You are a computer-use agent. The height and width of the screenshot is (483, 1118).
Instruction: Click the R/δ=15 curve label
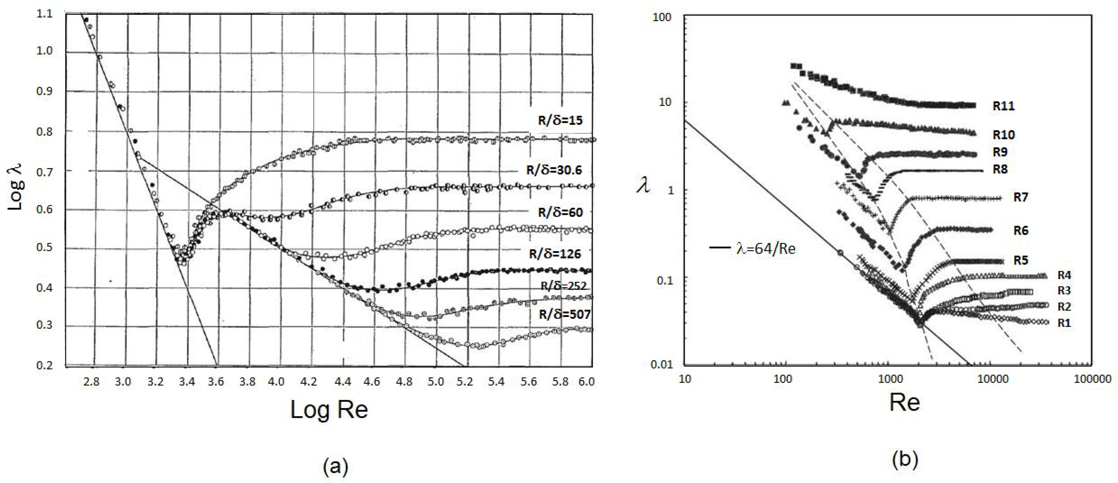(560, 120)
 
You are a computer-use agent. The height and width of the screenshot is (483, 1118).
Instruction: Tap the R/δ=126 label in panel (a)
(555, 254)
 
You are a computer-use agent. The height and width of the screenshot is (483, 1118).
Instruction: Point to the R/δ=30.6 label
(554, 170)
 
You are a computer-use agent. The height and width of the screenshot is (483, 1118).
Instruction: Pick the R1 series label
(1064, 323)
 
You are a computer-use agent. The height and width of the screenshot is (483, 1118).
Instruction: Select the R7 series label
(1021, 197)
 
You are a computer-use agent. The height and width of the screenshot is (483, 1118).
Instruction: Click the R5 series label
(1021, 260)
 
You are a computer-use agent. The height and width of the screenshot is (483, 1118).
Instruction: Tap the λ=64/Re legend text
(766, 249)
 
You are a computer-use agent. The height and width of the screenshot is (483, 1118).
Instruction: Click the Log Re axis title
(329, 410)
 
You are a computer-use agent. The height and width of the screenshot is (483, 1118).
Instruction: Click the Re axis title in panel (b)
(904, 402)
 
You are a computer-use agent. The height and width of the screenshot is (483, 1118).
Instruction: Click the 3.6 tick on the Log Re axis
(216, 382)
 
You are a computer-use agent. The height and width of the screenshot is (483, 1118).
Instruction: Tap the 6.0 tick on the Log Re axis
(586, 382)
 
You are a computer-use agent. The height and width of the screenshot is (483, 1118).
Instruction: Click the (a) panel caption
(336, 467)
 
